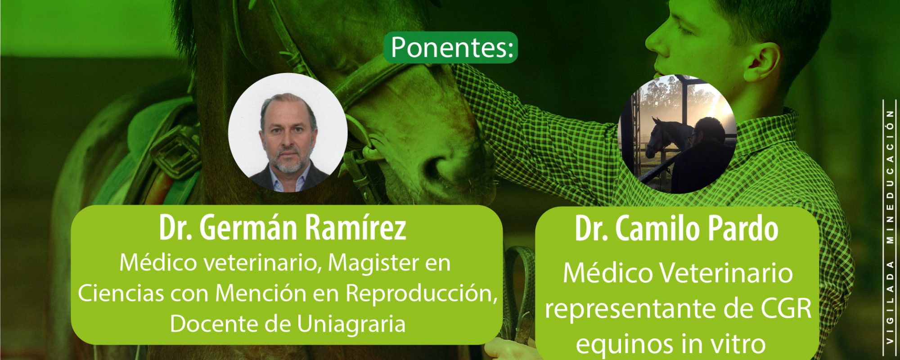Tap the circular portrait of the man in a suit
[x=288, y=133]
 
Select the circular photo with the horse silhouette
[x=678, y=134]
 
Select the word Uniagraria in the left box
[x=351, y=324]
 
